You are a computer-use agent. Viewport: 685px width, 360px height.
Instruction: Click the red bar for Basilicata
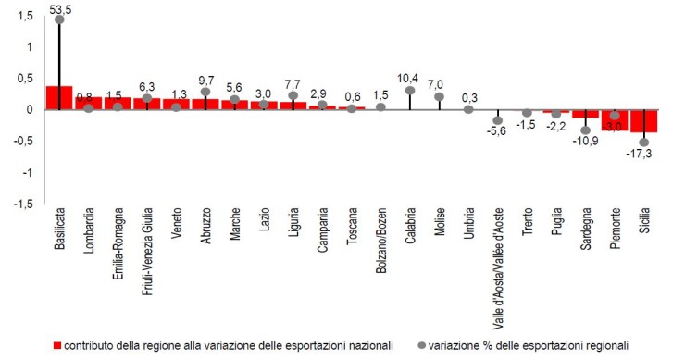point(59,98)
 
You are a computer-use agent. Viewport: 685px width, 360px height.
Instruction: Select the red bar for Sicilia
point(643,120)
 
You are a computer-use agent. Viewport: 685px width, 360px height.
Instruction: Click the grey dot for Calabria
point(410,91)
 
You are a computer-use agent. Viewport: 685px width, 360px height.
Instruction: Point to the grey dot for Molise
point(439,96)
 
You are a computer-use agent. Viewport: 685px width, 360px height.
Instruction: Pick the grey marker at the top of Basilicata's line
point(59,19)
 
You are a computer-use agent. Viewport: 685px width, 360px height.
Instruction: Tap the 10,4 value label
point(410,78)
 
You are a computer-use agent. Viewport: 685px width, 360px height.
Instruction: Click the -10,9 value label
point(585,142)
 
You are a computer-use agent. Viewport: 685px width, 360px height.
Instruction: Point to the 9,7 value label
point(205,81)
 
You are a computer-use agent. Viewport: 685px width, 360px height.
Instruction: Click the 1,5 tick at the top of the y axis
point(26,16)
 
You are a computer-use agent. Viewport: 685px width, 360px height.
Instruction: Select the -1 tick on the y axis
point(28,172)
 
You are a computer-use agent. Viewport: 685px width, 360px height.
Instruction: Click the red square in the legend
point(57,344)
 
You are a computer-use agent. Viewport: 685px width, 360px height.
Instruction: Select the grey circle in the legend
point(422,344)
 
